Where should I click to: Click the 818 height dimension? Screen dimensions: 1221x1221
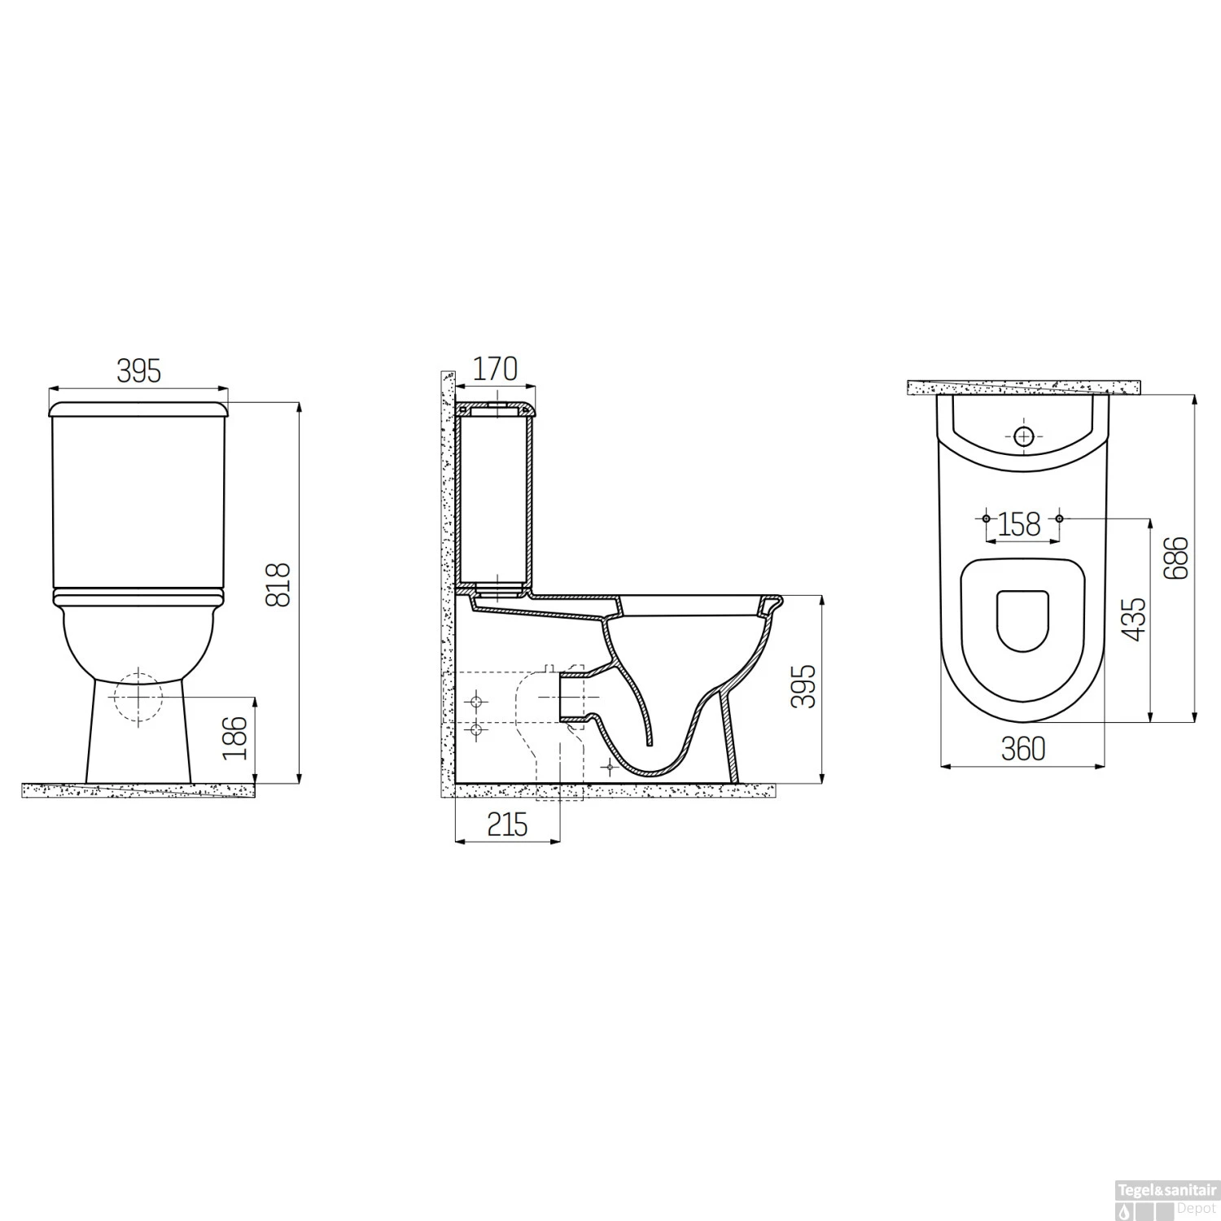278,584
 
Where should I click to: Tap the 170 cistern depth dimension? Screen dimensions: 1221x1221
495,369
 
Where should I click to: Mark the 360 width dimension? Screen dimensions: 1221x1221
1022,749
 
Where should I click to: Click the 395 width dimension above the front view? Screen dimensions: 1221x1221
139,370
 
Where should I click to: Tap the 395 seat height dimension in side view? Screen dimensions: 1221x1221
803,686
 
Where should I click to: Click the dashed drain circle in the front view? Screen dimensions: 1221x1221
139,697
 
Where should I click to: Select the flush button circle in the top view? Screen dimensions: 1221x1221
1024,437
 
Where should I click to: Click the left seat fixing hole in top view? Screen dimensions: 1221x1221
986,519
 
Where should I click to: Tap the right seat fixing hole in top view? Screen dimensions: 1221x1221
1059,519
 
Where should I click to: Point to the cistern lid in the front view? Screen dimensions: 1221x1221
138,409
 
